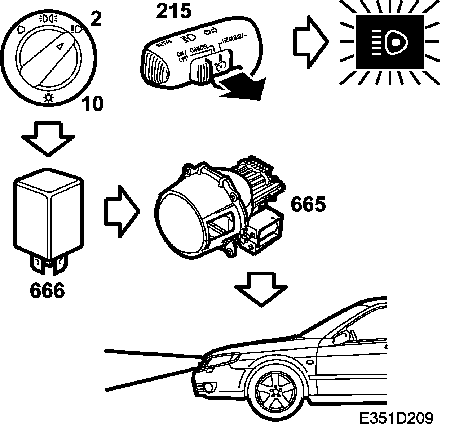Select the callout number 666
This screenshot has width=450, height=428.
coord(47,290)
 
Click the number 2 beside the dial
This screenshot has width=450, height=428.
coord(96,20)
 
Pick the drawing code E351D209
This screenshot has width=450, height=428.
coord(396,418)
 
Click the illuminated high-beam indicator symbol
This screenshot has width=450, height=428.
coord(390,42)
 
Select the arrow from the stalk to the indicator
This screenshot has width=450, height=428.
coord(310,42)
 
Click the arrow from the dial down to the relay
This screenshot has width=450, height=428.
coord(48,139)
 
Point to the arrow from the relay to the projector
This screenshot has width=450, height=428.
coord(122,212)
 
